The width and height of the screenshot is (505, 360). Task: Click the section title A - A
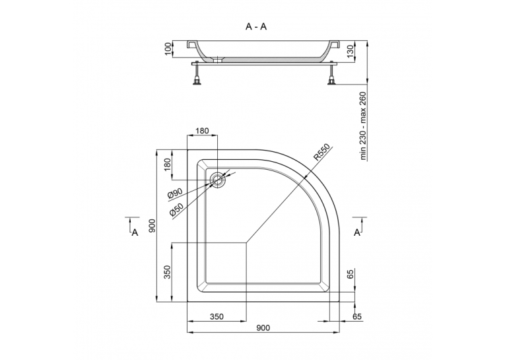pyautogui.click(x=256, y=26)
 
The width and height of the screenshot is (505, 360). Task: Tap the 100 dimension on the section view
pyautogui.click(x=168, y=50)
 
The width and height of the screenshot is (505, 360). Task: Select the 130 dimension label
pyautogui.click(x=351, y=50)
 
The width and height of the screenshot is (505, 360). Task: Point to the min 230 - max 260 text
pyautogui.click(x=363, y=126)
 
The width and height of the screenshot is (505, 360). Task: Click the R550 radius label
pyautogui.click(x=322, y=152)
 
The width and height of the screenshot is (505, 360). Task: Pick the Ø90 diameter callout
pyautogui.click(x=175, y=194)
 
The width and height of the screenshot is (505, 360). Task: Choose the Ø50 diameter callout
pyautogui.click(x=176, y=209)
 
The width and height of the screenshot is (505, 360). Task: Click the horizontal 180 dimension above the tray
pyautogui.click(x=202, y=131)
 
